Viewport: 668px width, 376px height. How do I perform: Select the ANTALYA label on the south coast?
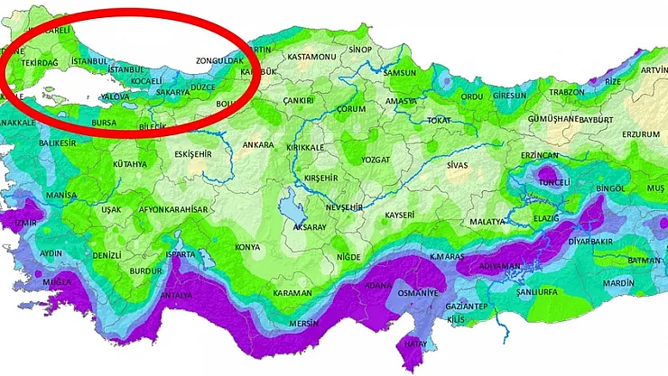click(176, 295)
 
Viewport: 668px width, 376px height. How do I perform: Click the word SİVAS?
click(459, 165)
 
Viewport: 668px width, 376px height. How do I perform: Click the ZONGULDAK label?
click(219, 61)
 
